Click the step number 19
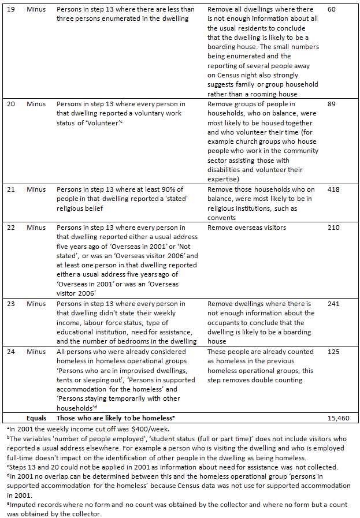pyautogui.click(x=10, y=10)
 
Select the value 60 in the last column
pyautogui.click(x=331, y=10)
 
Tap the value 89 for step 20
pyautogui.click(x=331, y=105)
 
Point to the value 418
pyautogui.click(x=333, y=189)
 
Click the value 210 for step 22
pyautogui.click(x=333, y=228)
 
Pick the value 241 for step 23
pyautogui.click(x=333, y=304)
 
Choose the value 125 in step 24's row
pyautogui.click(x=333, y=351)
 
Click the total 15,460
pyautogui.click(x=338, y=417)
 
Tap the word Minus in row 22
pyautogui.click(x=37, y=228)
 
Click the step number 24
pyautogui.click(x=10, y=351)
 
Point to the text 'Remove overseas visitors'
pyautogui.click(x=247, y=228)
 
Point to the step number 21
pyautogui.click(x=10, y=189)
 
